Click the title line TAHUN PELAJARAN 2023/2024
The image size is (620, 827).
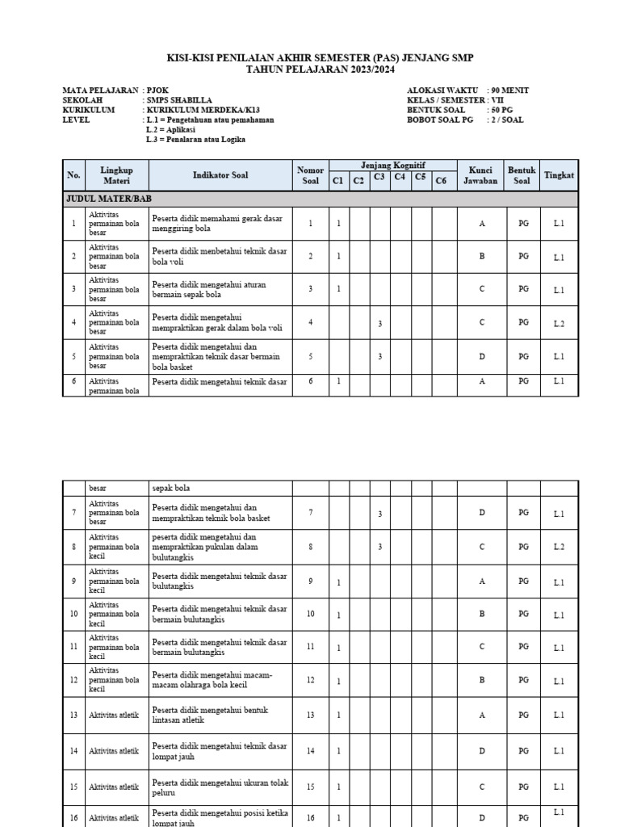click(x=309, y=70)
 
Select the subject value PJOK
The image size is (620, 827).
click(x=158, y=90)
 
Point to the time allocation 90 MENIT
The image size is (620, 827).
click(x=510, y=90)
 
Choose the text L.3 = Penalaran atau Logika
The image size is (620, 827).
click(x=195, y=139)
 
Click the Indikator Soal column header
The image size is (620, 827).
click(x=220, y=174)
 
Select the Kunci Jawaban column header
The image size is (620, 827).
click(x=481, y=175)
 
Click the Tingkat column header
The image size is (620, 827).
click(x=559, y=174)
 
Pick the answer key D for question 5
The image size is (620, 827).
click(x=482, y=356)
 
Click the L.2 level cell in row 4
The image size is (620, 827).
click(x=559, y=323)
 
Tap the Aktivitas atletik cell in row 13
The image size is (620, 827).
click(x=114, y=715)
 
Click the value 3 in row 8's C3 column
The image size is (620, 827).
click(x=379, y=547)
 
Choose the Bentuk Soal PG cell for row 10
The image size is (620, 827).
click(x=523, y=614)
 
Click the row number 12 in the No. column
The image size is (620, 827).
click(x=73, y=680)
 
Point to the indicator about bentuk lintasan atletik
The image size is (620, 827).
click(x=210, y=715)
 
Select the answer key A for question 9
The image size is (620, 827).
click(x=482, y=581)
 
